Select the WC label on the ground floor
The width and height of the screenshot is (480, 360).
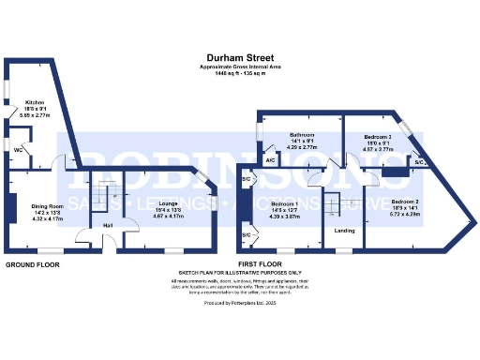[19, 149]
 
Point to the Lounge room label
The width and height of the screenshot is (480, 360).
[169, 203]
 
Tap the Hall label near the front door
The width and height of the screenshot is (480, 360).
[108, 226]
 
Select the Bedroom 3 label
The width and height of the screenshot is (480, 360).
[377, 137]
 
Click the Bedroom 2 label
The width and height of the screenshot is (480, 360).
[405, 202]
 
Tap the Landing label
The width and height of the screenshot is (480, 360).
[345, 230]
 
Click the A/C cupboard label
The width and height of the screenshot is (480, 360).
[270, 160]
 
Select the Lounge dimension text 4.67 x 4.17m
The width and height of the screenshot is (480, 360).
[169, 216]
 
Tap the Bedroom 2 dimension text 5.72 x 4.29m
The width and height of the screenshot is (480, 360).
[405, 215]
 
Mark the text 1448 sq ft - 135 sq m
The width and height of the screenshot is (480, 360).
[241, 74]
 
